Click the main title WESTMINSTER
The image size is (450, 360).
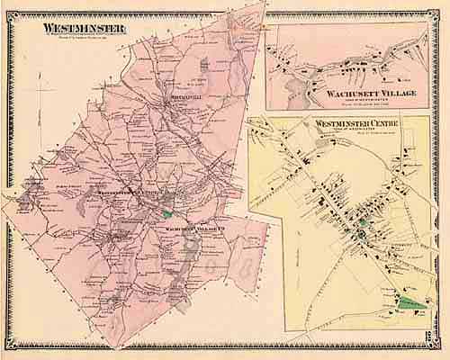pos(84,27)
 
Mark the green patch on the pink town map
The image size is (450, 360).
pos(167,214)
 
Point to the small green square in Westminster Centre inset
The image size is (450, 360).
pos(362,220)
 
